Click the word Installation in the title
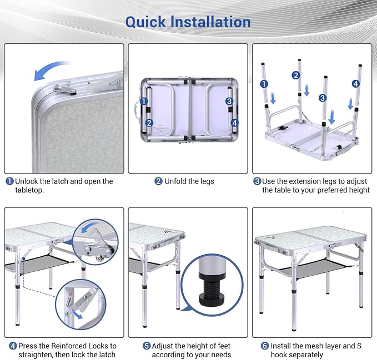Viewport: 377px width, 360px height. [x=210, y=22]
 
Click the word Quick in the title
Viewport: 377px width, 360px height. [x=145, y=22]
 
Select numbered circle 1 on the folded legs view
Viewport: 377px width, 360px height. [x=144, y=102]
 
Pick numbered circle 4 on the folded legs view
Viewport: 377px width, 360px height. [x=234, y=123]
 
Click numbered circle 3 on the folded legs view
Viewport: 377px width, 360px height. [x=229, y=102]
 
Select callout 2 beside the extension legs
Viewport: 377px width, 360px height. [x=296, y=75]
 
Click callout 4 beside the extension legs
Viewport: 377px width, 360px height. [x=356, y=84]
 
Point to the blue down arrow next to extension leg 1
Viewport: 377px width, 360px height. [x=273, y=99]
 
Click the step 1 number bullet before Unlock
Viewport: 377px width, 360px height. [x=9, y=181]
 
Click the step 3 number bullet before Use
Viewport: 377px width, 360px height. [x=257, y=181]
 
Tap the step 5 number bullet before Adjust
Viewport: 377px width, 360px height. [x=147, y=346]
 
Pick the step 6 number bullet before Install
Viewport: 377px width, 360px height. [x=265, y=346]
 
